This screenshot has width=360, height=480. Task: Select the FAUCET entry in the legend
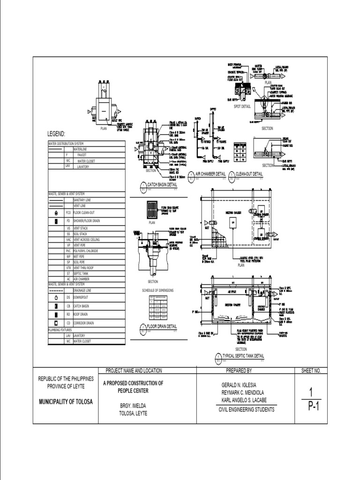[x=79, y=154]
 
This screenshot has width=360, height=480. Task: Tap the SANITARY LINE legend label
[x=83, y=200]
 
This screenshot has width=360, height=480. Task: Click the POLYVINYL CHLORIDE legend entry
[x=89, y=251]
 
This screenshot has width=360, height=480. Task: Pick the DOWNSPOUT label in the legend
[x=82, y=297]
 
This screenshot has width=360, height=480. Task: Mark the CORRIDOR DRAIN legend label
[x=84, y=323]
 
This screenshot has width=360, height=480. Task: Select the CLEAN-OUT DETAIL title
[x=248, y=174]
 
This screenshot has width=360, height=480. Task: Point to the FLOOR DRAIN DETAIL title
[x=162, y=326]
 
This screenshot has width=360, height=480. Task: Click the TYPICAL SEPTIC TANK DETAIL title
[x=243, y=356]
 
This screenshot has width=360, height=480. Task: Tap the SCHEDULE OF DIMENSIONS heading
[x=158, y=291]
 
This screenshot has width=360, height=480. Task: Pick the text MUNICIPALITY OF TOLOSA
[x=65, y=402]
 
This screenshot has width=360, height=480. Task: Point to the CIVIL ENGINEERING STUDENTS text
[x=247, y=410]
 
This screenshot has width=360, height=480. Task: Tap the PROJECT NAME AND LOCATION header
[x=134, y=370]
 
